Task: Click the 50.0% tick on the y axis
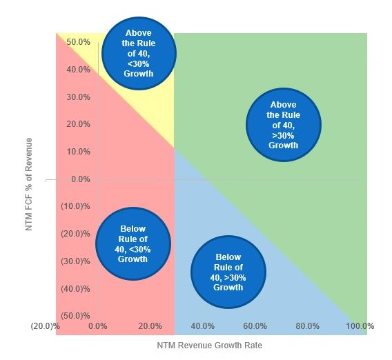[x=78, y=42]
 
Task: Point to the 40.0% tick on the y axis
[x=78, y=70]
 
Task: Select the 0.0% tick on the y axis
[x=80, y=179]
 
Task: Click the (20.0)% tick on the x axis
[x=46, y=326]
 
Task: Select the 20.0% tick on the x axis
[x=150, y=326]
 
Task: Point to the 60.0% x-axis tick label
[x=255, y=326]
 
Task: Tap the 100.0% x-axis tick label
[x=360, y=326]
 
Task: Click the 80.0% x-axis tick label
[x=307, y=326]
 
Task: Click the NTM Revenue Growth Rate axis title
[x=209, y=345]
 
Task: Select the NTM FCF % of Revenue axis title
[x=29, y=183]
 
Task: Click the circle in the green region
[x=284, y=125]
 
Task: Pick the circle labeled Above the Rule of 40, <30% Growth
[x=139, y=53]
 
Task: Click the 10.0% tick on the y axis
[x=78, y=152]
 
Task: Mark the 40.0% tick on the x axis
[x=202, y=326]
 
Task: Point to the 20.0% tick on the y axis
[x=78, y=124]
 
